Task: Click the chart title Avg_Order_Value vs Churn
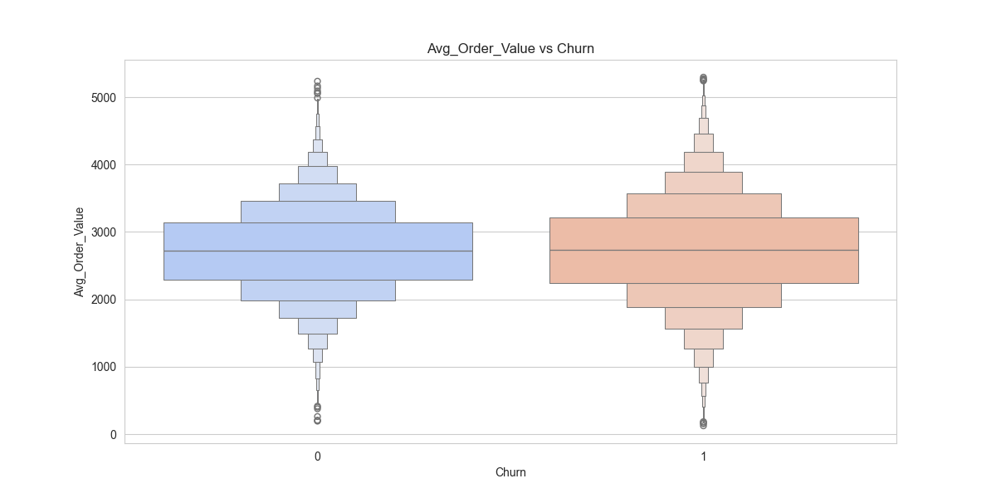click(510, 49)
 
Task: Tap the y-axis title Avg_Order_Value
click(80, 251)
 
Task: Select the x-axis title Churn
click(510, 472)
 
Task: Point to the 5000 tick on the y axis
click(103, 97)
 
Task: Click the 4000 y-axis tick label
click(103, 165)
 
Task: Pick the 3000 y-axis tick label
click(103, 232)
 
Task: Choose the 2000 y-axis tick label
click(103, 300)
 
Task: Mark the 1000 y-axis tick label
click(103, 367)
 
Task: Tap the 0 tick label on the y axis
click(113, 434)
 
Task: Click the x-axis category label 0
click(318, 456)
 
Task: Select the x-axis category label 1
click(704, 456)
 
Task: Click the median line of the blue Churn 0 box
click(318, 251)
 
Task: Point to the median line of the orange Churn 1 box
click(704, 250)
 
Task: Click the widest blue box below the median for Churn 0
click(318, 266)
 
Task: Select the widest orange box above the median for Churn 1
click(704, 233)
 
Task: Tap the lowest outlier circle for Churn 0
click(318, 421)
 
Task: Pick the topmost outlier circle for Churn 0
click(318, 81)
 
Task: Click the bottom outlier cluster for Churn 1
click(704, 424)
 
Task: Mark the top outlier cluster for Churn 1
click(704, 79)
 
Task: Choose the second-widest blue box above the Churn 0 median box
click(318, 212)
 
